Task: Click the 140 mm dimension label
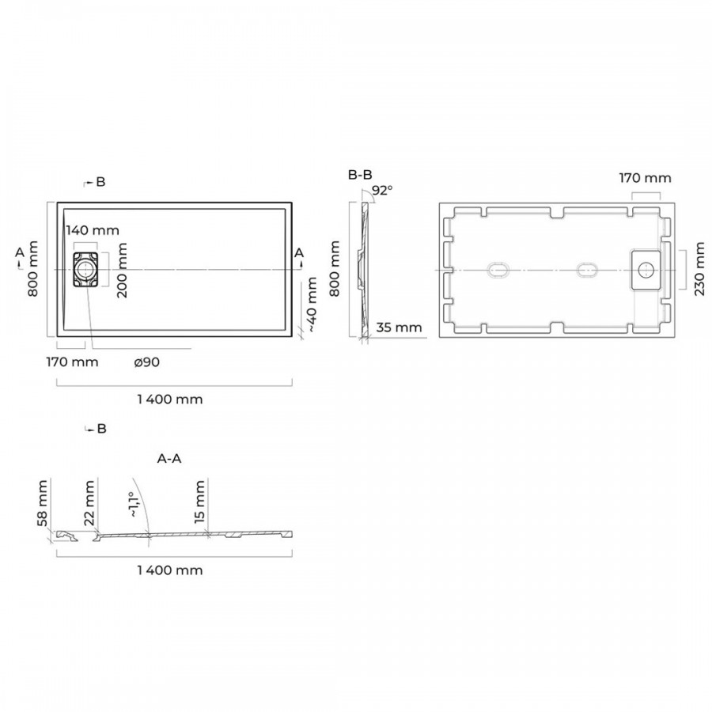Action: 93,230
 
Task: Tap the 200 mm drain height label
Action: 122,271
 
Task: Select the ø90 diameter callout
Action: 146,362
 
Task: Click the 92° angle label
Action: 382,190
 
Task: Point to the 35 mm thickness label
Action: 400,327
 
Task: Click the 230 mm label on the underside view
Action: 699,269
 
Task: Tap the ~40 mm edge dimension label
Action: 312,305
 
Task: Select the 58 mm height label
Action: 43,503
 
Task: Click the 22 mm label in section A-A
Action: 89,503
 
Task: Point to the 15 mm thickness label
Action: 199,502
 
